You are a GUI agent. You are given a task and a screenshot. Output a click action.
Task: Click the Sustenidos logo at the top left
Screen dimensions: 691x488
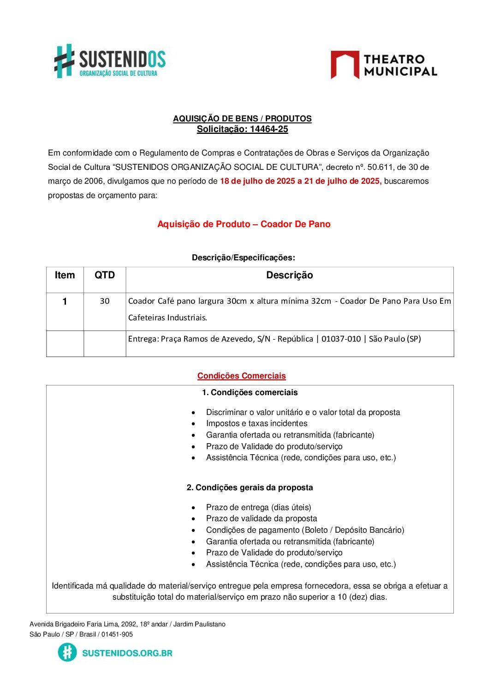pos(110,61)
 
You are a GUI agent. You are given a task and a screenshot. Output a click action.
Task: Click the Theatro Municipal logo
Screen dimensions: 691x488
pos(384,65)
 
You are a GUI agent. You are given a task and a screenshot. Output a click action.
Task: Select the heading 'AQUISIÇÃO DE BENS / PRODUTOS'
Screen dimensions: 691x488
pos(242,119)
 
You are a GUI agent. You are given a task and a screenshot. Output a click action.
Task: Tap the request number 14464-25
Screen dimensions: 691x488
pos(269,129)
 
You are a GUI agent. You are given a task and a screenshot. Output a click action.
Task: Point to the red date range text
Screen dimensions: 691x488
pos(300,181)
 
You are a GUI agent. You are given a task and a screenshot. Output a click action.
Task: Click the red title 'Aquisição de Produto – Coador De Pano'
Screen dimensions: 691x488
pos(244,224)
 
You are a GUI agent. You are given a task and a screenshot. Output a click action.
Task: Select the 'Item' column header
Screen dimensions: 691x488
pos(65,276)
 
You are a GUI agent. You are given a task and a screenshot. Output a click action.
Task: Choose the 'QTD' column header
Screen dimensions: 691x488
pos(105,276)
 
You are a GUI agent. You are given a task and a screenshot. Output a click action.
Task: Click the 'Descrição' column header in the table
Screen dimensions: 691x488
pos(289,276)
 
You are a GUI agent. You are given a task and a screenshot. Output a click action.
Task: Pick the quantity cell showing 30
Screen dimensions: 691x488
pos(105,301)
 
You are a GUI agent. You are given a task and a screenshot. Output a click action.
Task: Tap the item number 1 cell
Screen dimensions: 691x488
pos(65,301)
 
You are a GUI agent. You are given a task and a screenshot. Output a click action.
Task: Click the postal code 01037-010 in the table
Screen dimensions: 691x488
pos(341,339)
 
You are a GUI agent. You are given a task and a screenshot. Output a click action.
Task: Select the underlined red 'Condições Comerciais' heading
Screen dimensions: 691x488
pos(241,376)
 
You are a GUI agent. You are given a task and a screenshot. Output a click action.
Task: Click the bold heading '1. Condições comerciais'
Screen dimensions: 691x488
pos(250,392)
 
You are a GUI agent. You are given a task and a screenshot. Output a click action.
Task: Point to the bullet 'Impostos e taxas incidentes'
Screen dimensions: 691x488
pos(256,423)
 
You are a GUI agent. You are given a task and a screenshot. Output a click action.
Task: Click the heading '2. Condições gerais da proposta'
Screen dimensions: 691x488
pos(250,487)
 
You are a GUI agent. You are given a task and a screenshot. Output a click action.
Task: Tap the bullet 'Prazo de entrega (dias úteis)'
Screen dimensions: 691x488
pos(258,507)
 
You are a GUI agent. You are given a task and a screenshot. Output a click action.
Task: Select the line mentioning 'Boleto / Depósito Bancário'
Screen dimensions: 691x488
pos(305,530)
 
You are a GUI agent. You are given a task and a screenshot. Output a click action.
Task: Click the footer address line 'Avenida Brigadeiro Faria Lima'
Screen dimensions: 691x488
pos(127,624)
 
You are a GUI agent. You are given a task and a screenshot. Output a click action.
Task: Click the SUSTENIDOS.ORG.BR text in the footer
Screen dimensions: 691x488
pos(127,653)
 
